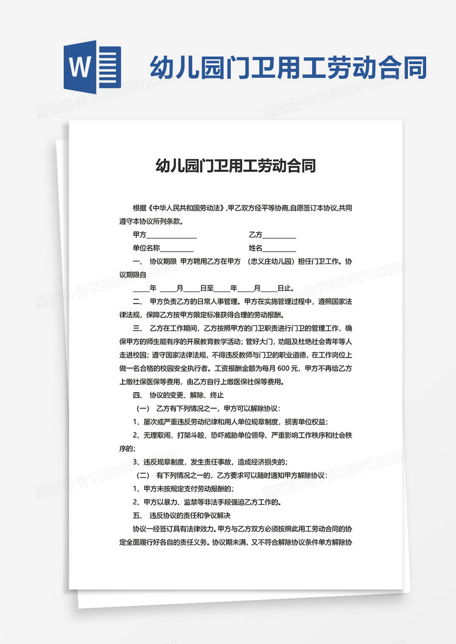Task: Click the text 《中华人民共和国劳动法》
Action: click(186, 208)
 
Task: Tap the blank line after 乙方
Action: click(279, 235)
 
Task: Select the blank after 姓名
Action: click(279, 248)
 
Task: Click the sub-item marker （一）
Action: click(143, 408)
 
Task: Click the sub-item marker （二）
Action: click(143, 476)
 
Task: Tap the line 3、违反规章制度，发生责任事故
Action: click(210, 462)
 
